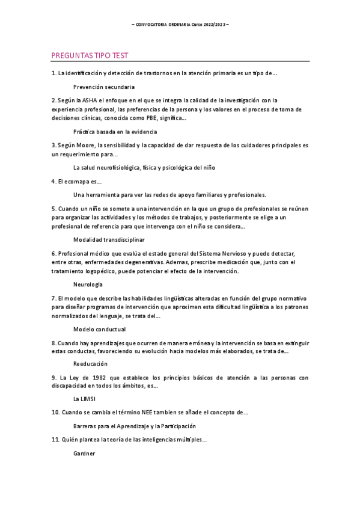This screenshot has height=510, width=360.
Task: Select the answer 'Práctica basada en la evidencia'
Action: [x=115, y=131]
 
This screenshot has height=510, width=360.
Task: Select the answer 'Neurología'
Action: [x=88, y=284]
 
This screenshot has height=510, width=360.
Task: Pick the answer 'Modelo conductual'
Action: [x=99, y=329]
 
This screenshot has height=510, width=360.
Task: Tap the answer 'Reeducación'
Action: [x=90, y=363]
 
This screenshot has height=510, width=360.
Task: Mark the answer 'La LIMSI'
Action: [x=85, y=399]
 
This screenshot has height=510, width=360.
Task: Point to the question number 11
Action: [x=55, y=440]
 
